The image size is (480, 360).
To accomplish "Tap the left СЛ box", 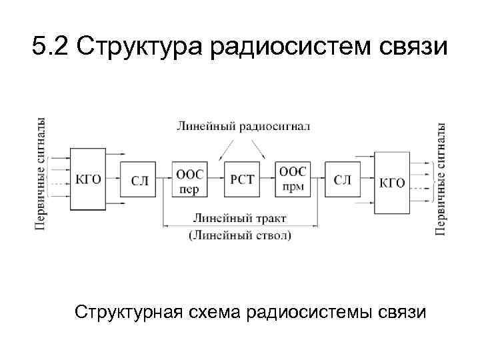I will (x=138, y=179).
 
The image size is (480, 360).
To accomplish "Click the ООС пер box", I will (x=190, y=179).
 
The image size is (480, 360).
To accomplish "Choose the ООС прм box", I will (x=291, y=179).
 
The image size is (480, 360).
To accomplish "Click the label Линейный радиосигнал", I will (x=243, y=125).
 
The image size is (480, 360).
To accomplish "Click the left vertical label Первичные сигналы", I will (x=41, y=175).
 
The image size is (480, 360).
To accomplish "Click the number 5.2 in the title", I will (x=51, y=48).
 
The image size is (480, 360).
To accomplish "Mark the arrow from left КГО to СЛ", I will (x=113, y=179).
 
